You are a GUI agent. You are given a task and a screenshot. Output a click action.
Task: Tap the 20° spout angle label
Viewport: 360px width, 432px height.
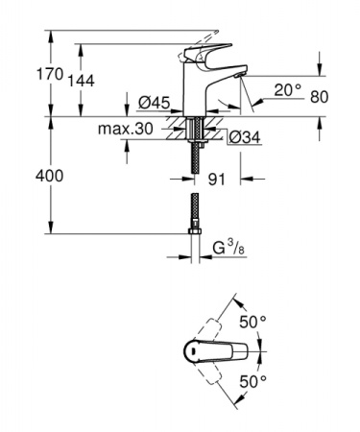pyautogui.click(x=286, y=89)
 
